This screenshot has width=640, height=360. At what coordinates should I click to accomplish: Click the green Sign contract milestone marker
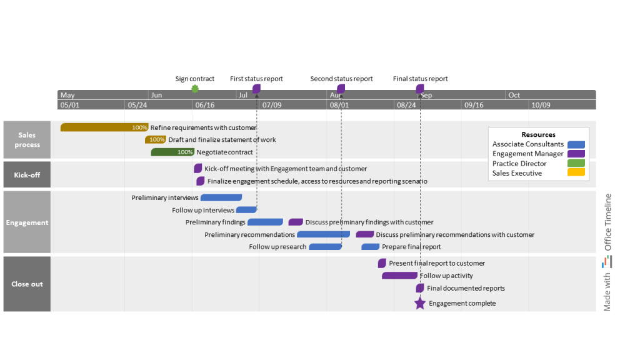[195, 89]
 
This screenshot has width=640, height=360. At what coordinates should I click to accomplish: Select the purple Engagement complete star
[420, 303]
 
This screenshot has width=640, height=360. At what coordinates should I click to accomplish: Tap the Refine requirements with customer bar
[104, 127]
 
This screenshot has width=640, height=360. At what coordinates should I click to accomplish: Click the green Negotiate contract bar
[172, 152]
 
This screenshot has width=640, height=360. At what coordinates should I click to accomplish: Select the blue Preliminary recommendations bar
[323, 235]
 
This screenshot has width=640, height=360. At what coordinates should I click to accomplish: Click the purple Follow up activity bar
[399, 276]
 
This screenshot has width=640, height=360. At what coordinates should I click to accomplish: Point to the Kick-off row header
[27, 175]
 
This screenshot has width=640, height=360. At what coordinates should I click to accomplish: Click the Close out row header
[27, 284]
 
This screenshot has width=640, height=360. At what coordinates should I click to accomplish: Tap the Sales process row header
[27, 140]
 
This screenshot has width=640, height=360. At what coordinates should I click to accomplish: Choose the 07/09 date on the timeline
[272, 105]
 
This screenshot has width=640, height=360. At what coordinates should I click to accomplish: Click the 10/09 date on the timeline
[541, 105]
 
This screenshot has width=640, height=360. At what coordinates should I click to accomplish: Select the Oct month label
[514, 95]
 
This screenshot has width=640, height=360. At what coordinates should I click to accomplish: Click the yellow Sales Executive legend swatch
[576, 173]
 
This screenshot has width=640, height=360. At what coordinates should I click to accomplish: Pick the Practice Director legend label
[519, 164]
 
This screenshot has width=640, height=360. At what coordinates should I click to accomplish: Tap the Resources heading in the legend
[538, 134]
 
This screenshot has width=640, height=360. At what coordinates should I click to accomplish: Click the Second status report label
[341, 79]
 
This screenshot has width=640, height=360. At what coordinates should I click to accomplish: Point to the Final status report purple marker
[420, 89]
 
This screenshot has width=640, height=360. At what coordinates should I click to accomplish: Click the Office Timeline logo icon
[607, 263]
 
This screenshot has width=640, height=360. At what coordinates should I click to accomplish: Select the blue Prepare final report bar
[371, 247]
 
